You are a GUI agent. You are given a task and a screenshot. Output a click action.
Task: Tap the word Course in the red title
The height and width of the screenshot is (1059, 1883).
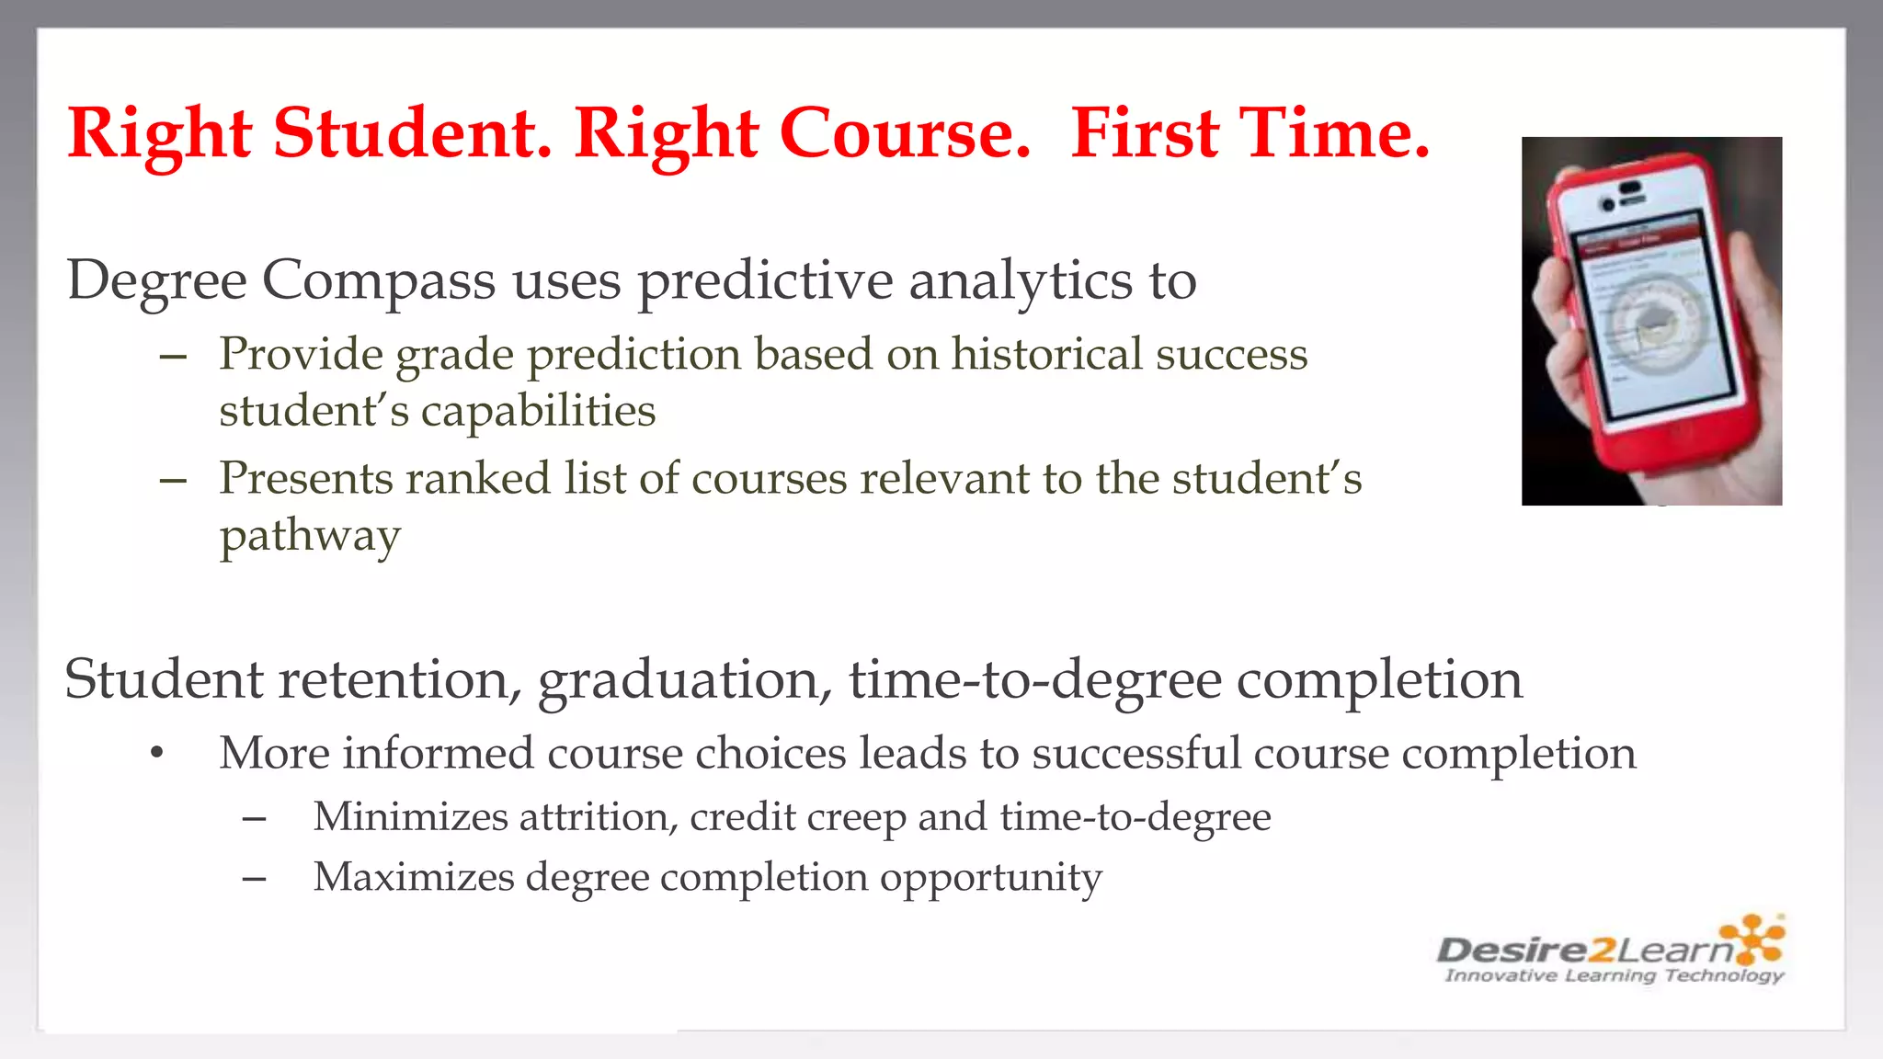click(x=905, y=133)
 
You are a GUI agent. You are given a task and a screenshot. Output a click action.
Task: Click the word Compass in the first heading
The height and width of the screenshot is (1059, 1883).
click(x=379, y=280)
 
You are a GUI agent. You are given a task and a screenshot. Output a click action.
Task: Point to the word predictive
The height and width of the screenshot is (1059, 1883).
click(x=765, y=280)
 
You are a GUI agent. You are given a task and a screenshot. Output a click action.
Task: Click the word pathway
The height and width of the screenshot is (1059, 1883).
click(x=310, y=536)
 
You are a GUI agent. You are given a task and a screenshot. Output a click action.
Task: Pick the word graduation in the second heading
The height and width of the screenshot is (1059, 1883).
click(x=685, y=680)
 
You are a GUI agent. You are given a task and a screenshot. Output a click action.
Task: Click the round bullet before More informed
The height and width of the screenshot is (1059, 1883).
click(x=157, y=753)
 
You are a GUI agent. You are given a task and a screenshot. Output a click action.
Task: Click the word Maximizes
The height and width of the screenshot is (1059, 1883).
click(x=413, y=876)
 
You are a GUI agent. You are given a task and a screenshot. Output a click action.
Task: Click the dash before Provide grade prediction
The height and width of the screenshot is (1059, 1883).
click(x=173, y=357)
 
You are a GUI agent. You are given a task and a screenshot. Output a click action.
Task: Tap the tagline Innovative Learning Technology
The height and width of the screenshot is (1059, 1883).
click(x=1614, y=975)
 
